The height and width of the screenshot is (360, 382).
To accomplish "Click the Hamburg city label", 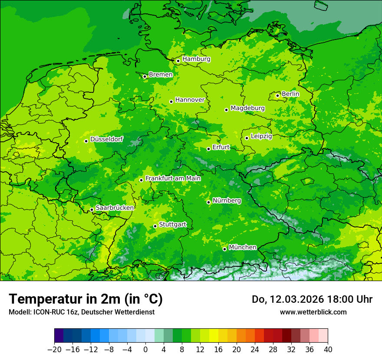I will pyautogui.click(x=196, y=59).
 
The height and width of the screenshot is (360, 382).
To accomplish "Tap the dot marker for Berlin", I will pyautogui.click(x=277, y=95).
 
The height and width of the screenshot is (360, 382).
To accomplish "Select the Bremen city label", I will pyautogui.click(x=161, y=75).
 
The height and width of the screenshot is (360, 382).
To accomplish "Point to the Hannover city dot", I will pyautogui.click(x=171, y=101).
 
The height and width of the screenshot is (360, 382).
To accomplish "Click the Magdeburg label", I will pyautogui.click(x=247, y=108).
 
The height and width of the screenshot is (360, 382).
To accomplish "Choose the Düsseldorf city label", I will pyautogui.click(x=106, y=139).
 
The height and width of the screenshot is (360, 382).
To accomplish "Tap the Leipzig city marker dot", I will pyautogui.click(x=247, y=138).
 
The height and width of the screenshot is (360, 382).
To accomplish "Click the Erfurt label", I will pyautogui.click(x=221, y=147).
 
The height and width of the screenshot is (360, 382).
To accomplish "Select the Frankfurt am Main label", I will pyautogui.click(x=173, y=178).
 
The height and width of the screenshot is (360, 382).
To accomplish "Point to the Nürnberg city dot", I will pyautogui.click(x=208, y=202).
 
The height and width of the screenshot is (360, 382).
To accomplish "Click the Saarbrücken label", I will pyautogui.click(x=115, y=208).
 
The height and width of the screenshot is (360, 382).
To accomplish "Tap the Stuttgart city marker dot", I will pyautogui.click(x=155, y=226).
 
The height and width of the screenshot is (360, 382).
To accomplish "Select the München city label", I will pyautogui.click(x=242, y=247).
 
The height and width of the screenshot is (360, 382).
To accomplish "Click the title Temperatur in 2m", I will pyautogui.click(x=86, y=299).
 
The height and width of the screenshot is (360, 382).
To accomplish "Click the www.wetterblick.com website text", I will pyautogui.click(x=313, y=312).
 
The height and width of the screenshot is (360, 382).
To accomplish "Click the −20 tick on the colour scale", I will pyautogui.click(x=54, y=350).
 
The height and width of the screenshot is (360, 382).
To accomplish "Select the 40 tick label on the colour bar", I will pyautogui.click(x=328, y=350).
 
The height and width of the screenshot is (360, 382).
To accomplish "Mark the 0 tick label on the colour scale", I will pyautogui.click(x=145, y=350).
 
